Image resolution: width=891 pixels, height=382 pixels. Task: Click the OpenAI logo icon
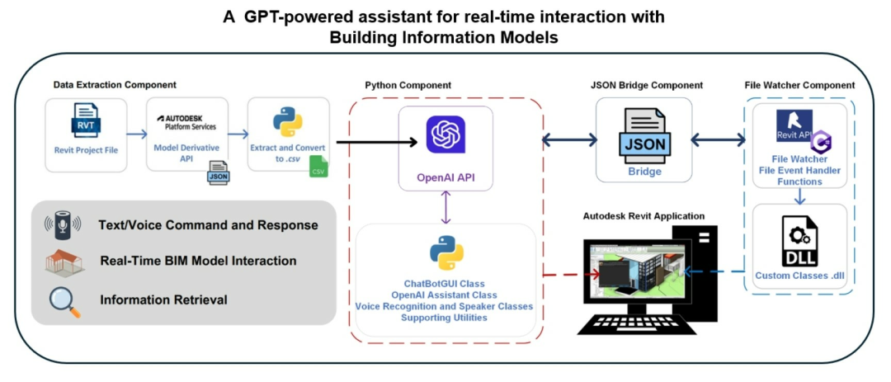[446, 134]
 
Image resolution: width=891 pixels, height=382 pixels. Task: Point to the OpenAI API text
[445, 176]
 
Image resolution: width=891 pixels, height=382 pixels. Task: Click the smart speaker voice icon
[64, 225]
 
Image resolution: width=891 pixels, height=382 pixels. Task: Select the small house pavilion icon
[64, 262]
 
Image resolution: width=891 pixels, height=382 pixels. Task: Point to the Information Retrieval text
[163, 299]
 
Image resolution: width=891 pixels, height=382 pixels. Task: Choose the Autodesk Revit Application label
[643, 216]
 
